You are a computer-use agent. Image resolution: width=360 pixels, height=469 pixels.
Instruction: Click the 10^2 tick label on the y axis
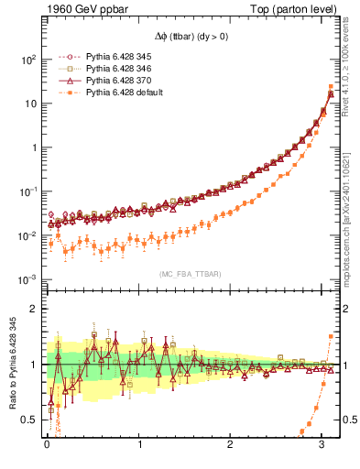click(27, 60)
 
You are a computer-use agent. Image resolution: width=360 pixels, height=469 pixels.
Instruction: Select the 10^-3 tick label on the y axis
click(27, 279)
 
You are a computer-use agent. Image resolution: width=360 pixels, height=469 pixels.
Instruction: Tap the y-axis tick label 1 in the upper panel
click(34, 147)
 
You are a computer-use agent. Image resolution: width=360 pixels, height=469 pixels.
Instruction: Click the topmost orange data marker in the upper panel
click(330, 87)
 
